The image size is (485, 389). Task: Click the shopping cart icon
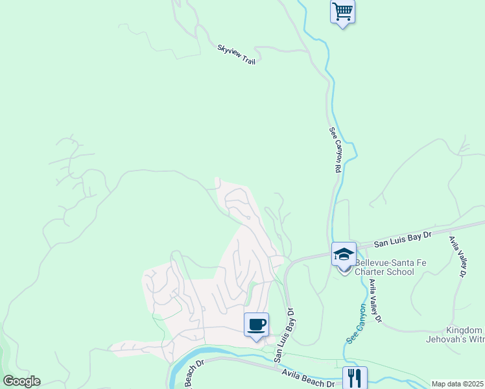(x=342, y=11)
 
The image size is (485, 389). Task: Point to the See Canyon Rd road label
(x=335, y=149)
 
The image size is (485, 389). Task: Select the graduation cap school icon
(x=344, y=253)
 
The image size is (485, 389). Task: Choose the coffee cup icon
(x=256, y=324)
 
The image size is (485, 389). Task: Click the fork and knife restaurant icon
(x=355, y=378)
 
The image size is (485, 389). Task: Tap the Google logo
(x=21, y=381)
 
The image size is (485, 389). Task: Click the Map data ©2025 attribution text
(x=458, y=384)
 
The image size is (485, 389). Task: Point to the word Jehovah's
(x=449, y=339)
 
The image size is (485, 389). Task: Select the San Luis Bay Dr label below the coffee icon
(x=283, y=336)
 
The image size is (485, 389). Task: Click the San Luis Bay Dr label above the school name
(x=402, y=240)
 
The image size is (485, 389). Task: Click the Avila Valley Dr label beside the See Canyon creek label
(x=375, y=301)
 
